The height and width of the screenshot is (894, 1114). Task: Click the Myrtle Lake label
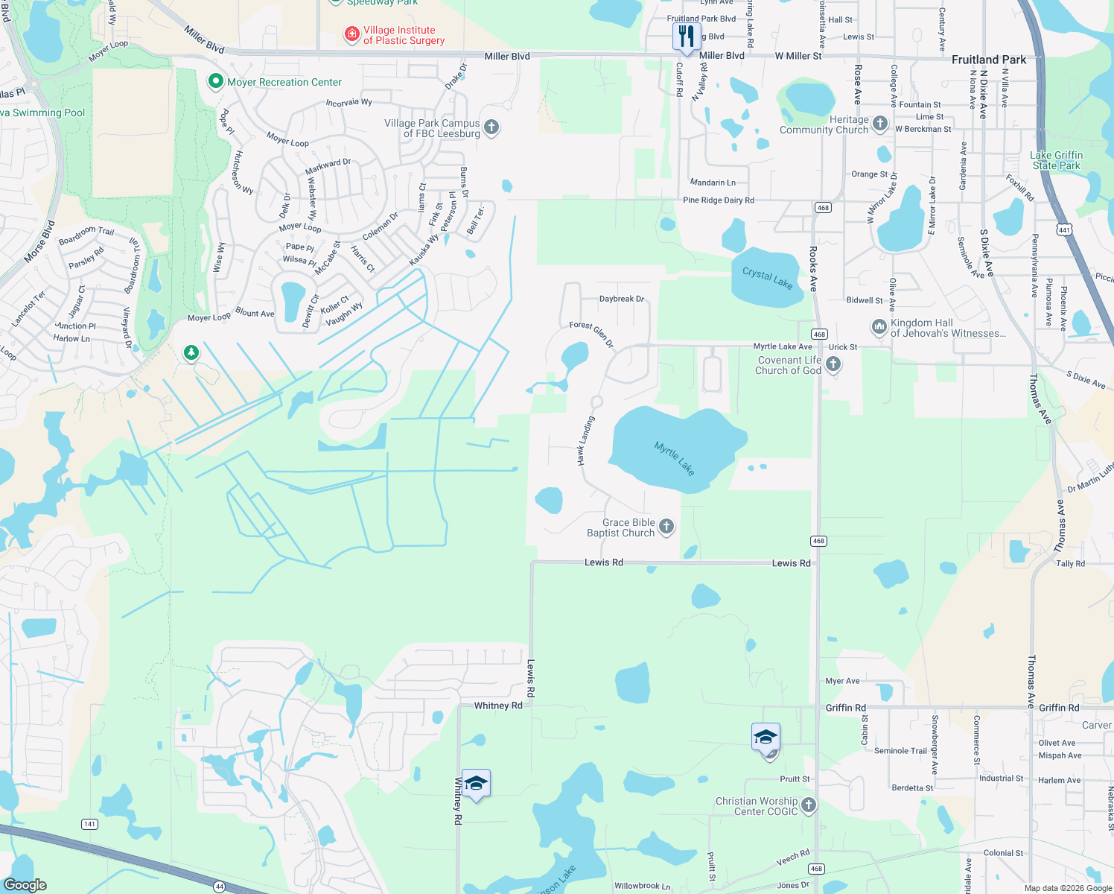pos(675,458)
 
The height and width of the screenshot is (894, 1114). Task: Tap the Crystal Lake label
pos(767,277)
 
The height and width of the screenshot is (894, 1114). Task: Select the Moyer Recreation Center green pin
pos(216,81)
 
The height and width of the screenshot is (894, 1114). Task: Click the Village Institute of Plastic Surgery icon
pos(351,34)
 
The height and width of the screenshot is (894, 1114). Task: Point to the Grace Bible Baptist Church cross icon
pos(666,527)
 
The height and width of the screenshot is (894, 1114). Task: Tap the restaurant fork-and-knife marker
pos(686,36)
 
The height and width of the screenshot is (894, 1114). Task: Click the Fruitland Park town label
pos(988,60)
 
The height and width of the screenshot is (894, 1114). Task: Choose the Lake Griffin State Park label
pos(1056,160)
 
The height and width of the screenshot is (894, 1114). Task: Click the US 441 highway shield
pos(1064,230)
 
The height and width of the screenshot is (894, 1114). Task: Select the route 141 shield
pos(90,823)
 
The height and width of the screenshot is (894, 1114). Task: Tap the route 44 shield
pos(219,887)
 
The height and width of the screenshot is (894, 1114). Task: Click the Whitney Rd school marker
pos(476,784)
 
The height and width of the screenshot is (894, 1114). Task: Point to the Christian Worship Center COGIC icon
pos(809,805)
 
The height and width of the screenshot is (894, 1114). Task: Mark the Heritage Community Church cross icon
pos(880,124)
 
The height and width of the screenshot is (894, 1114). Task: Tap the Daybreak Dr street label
pos(622,299)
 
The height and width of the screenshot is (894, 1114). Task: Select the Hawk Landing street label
pos(587,441)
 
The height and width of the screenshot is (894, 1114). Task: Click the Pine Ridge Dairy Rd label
pos(718,200)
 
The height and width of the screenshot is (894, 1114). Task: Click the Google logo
pos(25,884)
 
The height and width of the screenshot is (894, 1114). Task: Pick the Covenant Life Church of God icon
pos(833,364)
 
